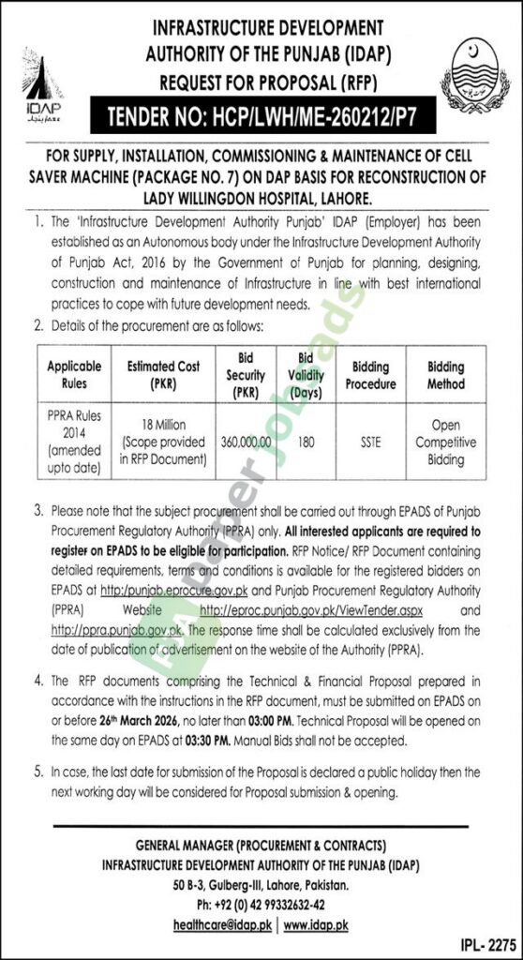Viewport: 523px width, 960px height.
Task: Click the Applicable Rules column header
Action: (x=74, y=375)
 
